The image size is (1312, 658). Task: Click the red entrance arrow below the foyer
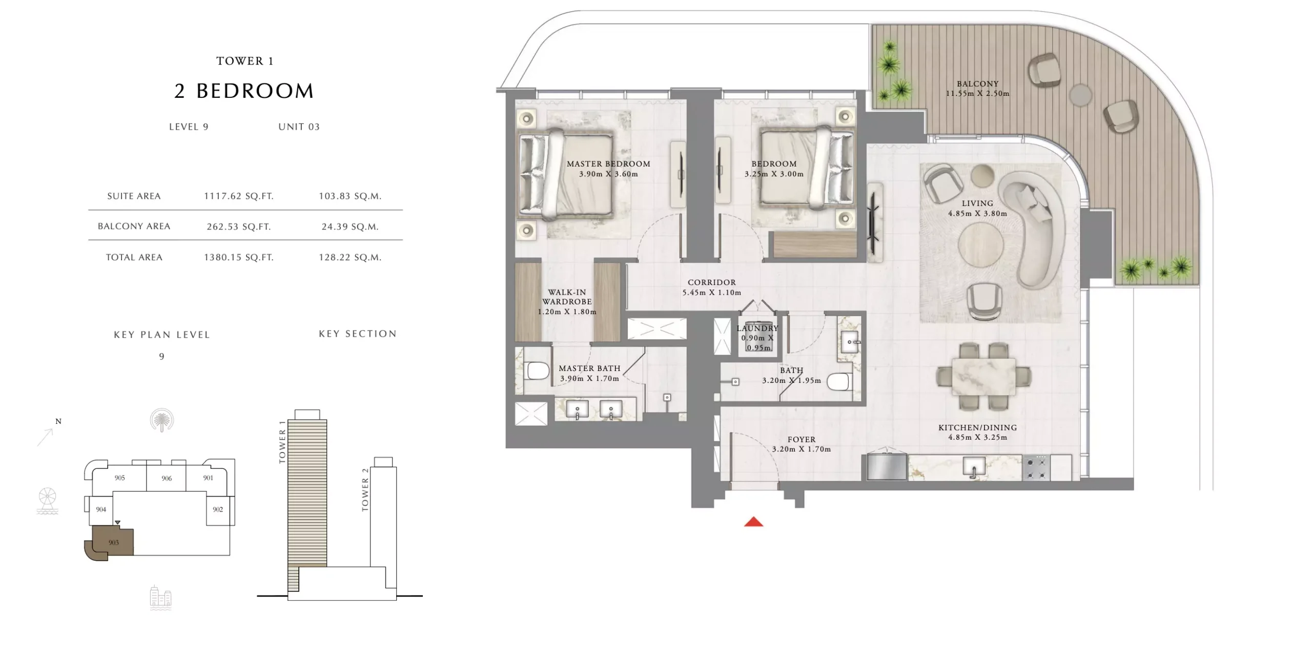click(753, 522)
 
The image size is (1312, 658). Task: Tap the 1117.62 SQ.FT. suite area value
click(239, 196)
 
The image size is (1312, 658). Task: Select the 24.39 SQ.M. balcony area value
click(350, 227)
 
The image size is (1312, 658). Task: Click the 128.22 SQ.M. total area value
click(350, 257)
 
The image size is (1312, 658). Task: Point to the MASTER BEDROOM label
click(608, 164)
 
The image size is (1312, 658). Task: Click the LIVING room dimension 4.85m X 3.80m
click(977, 214)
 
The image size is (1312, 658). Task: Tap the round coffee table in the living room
click(980, 244)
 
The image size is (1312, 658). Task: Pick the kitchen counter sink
click(974, 467)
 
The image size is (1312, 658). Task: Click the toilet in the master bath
click(536, 371)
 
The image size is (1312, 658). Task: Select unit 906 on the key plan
click(166, 478)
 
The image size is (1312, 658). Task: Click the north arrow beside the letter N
click(45, 437)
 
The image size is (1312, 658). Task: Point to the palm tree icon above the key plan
click(162, 421)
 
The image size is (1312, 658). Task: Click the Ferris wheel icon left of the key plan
click(47, 501)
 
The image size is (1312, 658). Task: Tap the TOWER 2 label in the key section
click(365, 489)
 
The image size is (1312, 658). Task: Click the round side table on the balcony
click(1080, 95)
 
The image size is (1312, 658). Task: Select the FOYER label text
click(802, 440)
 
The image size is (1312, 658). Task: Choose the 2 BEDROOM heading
click(244, 91)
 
